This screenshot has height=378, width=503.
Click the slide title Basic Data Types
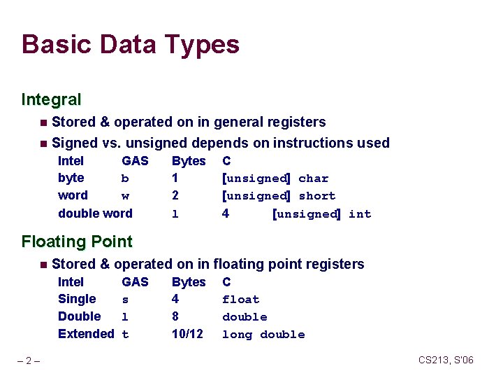(x=131, y=45)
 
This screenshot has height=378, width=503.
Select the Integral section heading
(x=51, y=100)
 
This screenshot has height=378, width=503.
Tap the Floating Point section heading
(x=77, y=242)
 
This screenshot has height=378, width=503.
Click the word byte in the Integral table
(x=71, y=178)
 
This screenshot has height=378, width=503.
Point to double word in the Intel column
(x=95, y=213)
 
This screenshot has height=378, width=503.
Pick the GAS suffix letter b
(x=125, y=178)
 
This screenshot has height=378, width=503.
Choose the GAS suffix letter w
(x=125, y=196)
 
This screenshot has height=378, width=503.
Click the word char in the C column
(x=313, y=178)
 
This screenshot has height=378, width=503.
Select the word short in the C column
(x=316, y=196)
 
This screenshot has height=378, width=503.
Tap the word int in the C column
(x=360, y=214)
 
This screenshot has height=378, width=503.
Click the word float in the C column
(x=240, y=300)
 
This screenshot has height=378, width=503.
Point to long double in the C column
(x=263, y=335)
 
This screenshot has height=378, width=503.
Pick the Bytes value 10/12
(x=187, y=335)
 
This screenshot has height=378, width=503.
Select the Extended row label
(x=86, y=334)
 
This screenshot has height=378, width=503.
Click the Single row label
(x=77, y=299)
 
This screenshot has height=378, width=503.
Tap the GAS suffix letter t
(x=125, y=335)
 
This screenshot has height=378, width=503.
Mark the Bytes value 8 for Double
(x=175, y=316)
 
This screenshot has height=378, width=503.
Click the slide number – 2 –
(x=29, y=360)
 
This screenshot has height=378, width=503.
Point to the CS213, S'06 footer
(x=446, y=360)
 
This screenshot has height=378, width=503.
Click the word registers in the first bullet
(x=298, y=122)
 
